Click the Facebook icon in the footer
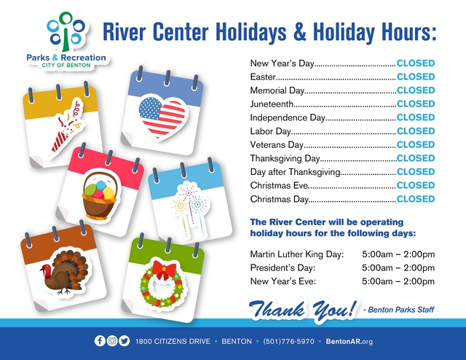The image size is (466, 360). pyautogui.click(x=100, y=340)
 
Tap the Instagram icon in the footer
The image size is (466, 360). pyautogui.click(x=112, y=340)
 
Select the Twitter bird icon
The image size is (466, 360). pyautogui.click(x=125, y=340)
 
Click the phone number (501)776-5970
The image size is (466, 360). pyautogui.click(x=288, y=341)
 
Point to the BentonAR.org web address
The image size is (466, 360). pyautogui.click(x=349, y=342)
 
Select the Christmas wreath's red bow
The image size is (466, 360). pyautogui.click(x=164, y=269)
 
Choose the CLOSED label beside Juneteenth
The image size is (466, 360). pyautogui.click(x=416, y=103)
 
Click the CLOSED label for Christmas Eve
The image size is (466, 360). pyautogui.click(x=416, y=185)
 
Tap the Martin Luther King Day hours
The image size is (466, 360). pyautogui.click(x=398, y=254)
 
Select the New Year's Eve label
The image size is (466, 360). pyautogui.click(x=283, y=281)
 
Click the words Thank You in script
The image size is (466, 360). pyautogui.click(x=303, y=310)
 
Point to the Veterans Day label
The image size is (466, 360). pyautogui.click(x=277, y=145)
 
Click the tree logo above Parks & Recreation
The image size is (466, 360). pyautogui.click(x=66, y=31)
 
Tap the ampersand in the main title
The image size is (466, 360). pyautogui.click(x=299, y=32)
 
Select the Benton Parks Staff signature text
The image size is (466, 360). pyautogui.click(x=398, y=310)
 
